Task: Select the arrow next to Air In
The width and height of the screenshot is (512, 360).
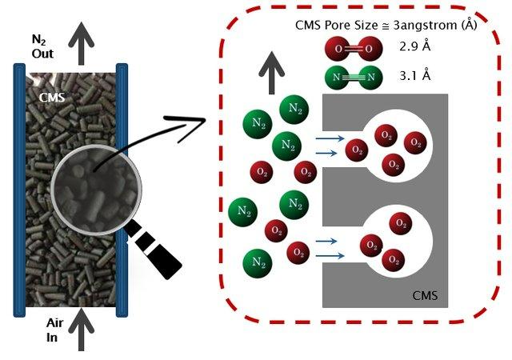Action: click(x=79, y=333)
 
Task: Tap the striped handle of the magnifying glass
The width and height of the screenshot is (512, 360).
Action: click(x=155, y=253)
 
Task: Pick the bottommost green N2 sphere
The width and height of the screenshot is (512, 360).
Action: click(x=258, y=262)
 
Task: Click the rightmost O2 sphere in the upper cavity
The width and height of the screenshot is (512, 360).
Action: click(x=414, y=144)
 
